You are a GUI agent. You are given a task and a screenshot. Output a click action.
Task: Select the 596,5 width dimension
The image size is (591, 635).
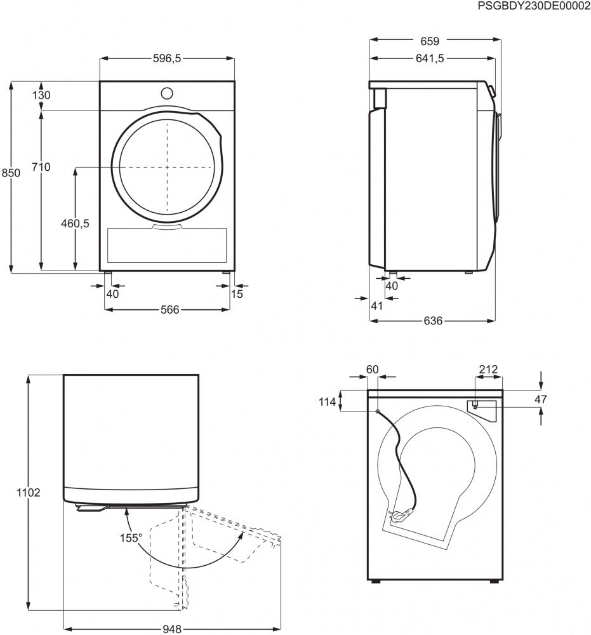click(x=167, y=58)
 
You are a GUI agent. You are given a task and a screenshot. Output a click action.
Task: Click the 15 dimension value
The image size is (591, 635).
click(x=237, y=293)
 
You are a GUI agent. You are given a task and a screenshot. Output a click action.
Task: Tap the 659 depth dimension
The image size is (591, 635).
click(x=430, y=42)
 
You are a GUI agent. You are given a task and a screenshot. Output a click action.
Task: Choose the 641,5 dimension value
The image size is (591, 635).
click(x=430, y=58)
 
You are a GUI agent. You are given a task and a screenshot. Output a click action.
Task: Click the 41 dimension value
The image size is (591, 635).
click(x=376, y=306)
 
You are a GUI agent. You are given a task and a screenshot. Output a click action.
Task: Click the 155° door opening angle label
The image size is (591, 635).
click(x=131, y=538)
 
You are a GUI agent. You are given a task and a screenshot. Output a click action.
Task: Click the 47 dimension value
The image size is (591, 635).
click(x=540, y=399)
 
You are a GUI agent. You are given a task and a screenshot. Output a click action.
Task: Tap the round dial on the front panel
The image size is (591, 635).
click(x=167, y=93)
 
